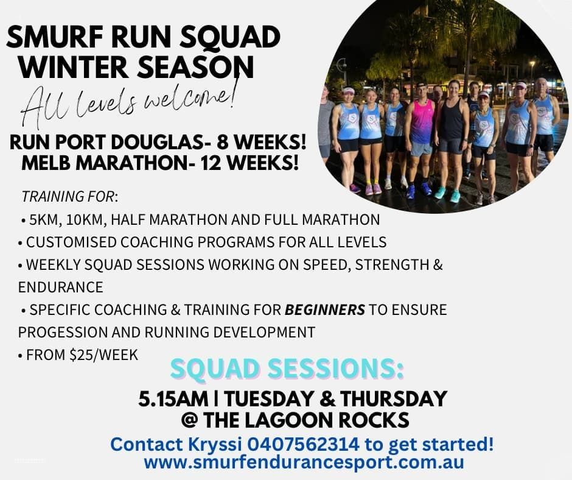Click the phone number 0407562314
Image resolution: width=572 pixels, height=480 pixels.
click(x=303, y=444)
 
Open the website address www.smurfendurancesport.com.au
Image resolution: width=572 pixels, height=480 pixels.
click(x=304, y=462)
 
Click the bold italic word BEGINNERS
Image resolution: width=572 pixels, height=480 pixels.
click(x=325, y=310)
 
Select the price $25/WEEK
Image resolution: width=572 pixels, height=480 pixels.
click(x=103, y=355)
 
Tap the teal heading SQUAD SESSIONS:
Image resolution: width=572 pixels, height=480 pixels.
click(x=287, y=369)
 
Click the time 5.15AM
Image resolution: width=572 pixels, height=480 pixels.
click(x=173, y=398)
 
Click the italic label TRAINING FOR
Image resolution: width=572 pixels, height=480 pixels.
click(x=68, y=197)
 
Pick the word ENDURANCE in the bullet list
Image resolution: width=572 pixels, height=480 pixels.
click(x=61, y=287)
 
